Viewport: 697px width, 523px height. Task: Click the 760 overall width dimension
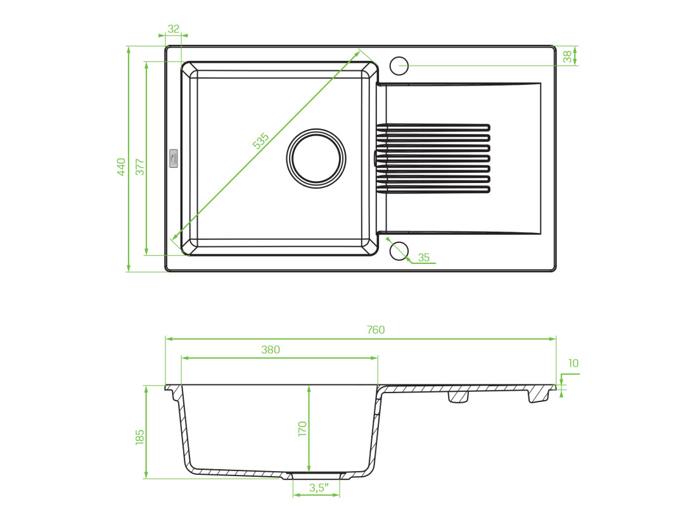[376, 330]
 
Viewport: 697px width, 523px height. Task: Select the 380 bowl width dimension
[271, 350]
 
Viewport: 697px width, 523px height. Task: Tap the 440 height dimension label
[122, 167]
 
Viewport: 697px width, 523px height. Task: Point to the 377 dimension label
[140, 167]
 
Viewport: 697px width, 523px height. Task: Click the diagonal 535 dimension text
[261, 141]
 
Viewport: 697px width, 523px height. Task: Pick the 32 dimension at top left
[174, 29]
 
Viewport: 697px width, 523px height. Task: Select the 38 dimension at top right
[567, 56]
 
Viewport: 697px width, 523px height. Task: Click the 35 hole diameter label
[424, 257]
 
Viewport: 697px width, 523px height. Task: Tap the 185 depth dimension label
[139, 437]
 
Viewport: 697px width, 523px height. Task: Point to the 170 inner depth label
[302, 429]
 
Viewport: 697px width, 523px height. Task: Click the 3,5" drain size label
[319, 488]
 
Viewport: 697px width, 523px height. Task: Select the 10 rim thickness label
[573, 363]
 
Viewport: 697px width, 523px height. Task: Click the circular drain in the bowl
[316, 159]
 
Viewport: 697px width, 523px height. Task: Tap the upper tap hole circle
[399, 65]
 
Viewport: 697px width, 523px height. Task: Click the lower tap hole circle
[399, 251]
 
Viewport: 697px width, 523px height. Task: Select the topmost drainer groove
[433, 127]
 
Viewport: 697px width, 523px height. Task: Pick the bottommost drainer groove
[433, 190]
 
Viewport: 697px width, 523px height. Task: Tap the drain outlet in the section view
[316, 476]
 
